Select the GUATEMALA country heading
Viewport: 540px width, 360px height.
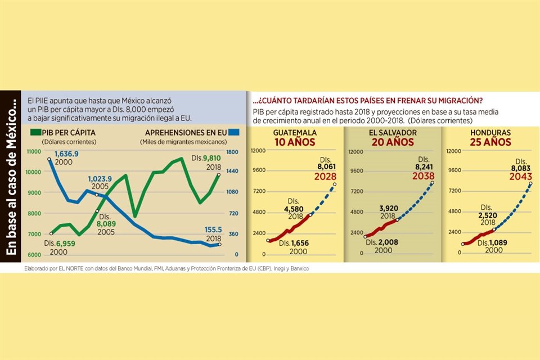click(295, 133)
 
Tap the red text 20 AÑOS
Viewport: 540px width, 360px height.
click(392, 142)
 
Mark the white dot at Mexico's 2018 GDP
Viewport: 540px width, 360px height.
click(218, 174)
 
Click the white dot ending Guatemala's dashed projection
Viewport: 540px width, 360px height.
click(335, 184)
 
